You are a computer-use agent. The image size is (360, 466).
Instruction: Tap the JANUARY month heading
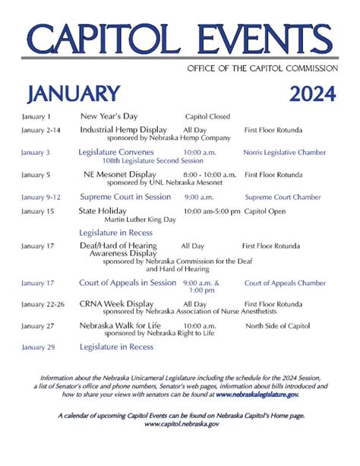(x=73, y=94)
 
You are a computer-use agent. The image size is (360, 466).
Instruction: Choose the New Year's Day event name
(x=109, y=117)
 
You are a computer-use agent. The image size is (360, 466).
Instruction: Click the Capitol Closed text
(x=205, y=117)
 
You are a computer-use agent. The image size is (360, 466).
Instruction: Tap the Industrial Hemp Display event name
(x=123, y=130)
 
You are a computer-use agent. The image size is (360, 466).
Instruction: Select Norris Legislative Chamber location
(x=284, y=152)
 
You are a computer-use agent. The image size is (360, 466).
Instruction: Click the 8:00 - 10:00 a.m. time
(x=210, y=174)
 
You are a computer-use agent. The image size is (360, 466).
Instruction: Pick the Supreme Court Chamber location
(x=283, y=197)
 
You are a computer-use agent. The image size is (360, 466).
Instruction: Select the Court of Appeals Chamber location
(x=285, y=283)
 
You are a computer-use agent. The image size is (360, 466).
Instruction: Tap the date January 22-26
(x=43, y=304)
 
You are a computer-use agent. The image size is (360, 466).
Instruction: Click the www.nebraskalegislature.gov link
(x=257, y=395)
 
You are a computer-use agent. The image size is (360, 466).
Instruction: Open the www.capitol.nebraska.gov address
(x=181, y=423)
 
